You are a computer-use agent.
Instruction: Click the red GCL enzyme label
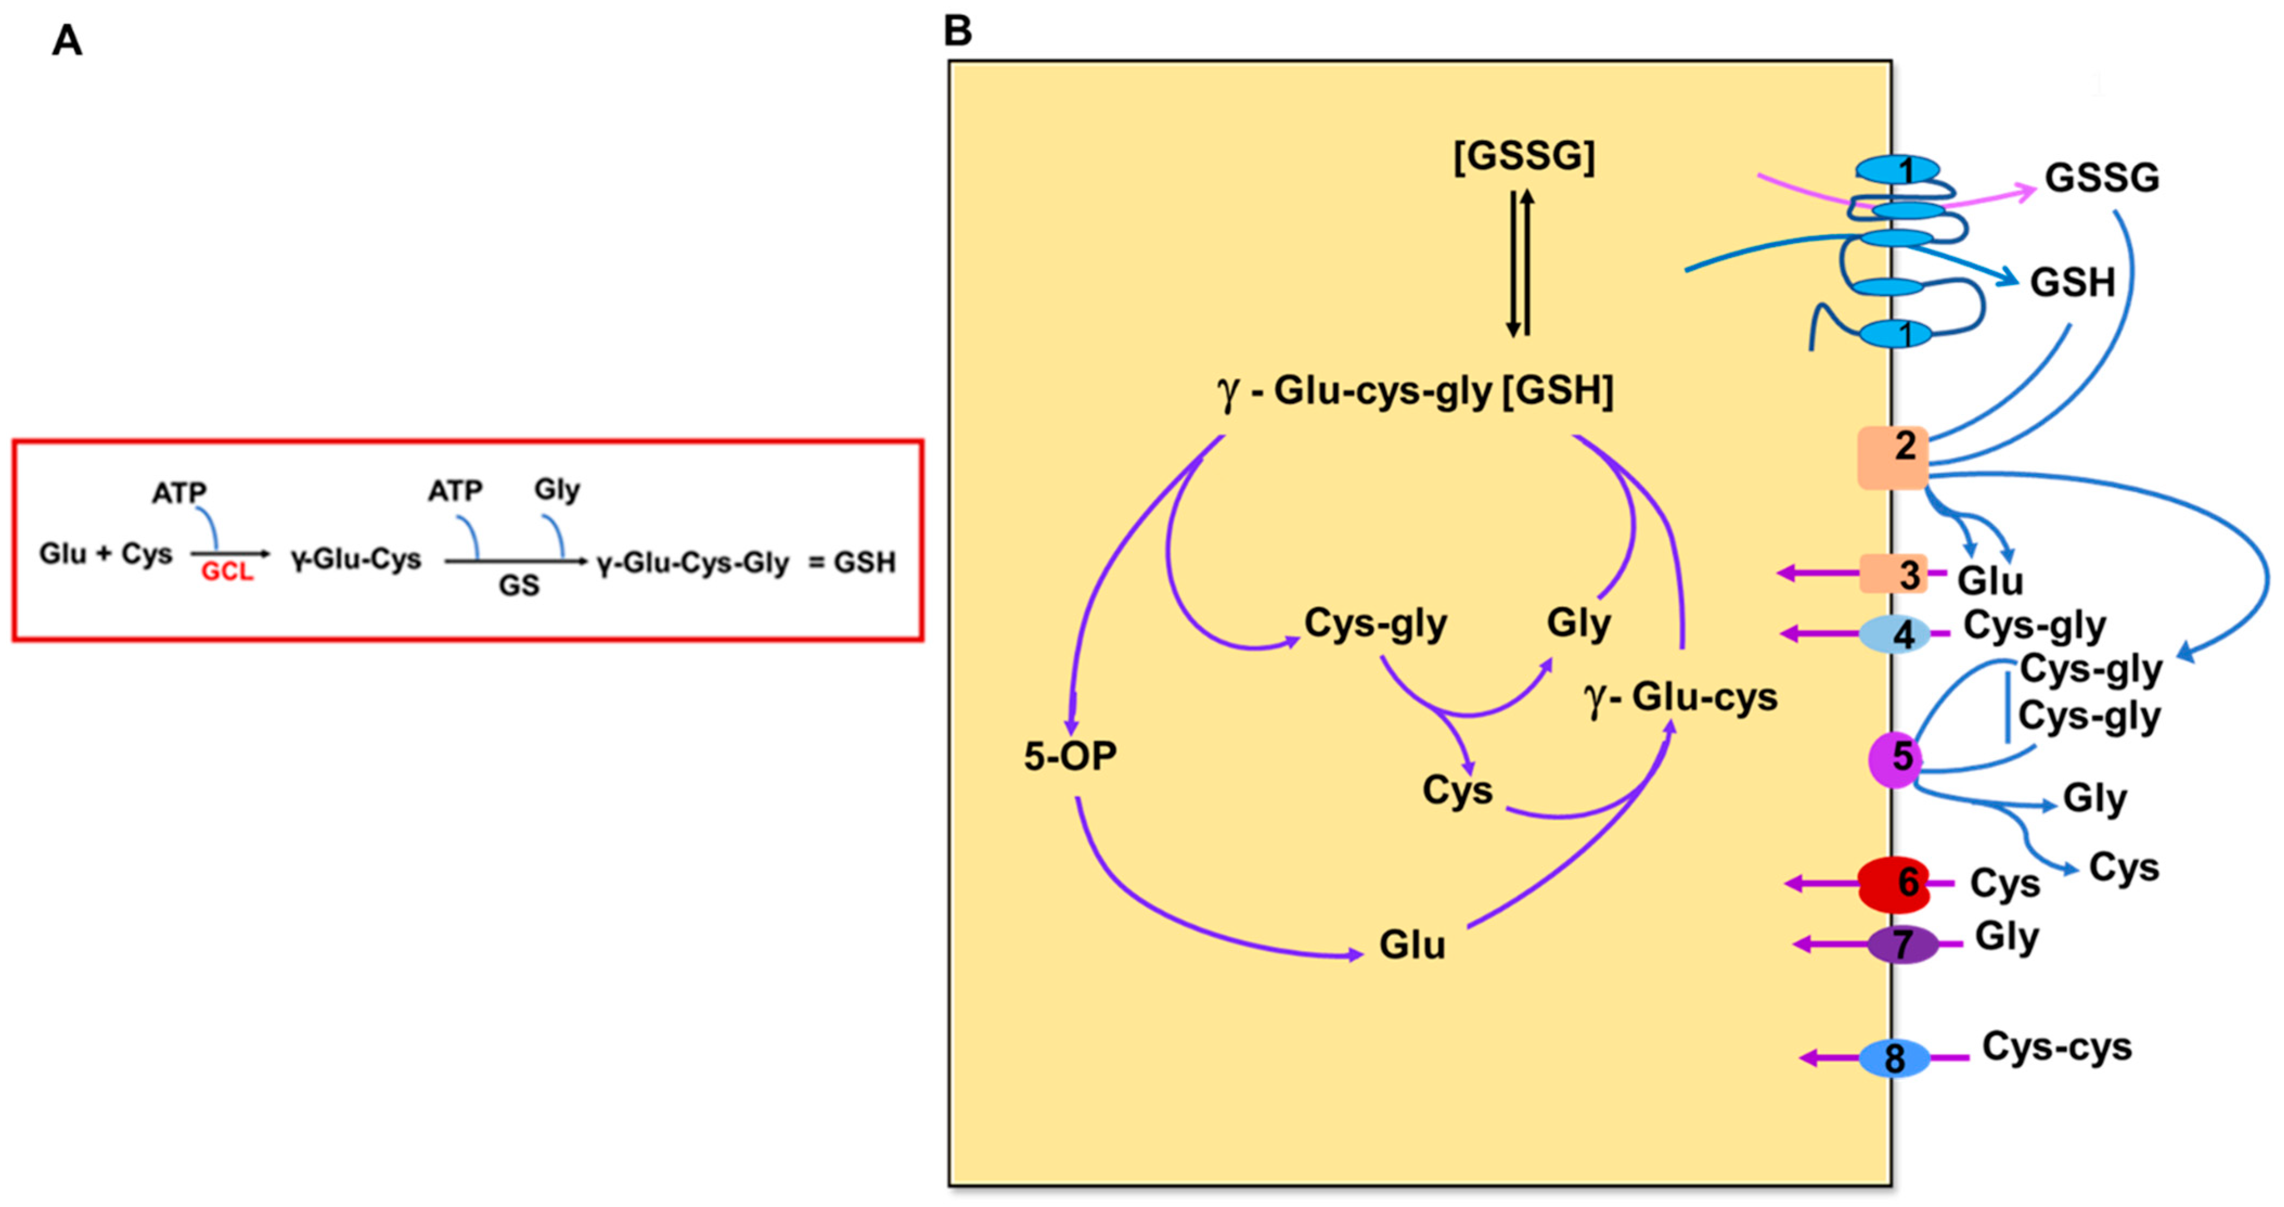pyautogui.click(x=227, y=572)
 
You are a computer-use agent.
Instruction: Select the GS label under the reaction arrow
pyautogui.click(x=519, y=586)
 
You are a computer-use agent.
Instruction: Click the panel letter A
pyautogui.click(x=67, y=41)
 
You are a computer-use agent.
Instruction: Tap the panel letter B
pyautogui.click(x=957, y=31)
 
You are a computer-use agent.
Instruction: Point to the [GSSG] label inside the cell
pyautogui.click(x=1523, y=157)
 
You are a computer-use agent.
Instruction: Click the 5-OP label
pyautogui.click(x=1070, y=756)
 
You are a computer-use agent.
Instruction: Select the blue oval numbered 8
pyautogui.click(x=1895, y=1058)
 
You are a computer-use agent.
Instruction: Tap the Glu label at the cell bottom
pyautogui.click(x=1412, y=945)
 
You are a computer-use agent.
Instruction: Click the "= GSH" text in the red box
pyautogui.click(x=852, y=563)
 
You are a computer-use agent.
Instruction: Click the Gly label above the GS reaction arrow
pyautogui.click(x=557, y=489)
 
